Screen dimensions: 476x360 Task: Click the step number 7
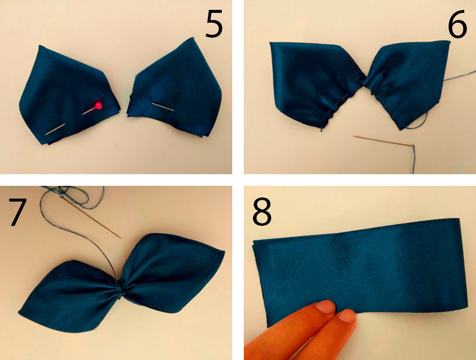[x=16, y=212]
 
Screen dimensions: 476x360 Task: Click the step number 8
[x=262, y=212]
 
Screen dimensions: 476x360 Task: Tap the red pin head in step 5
[x=99, y=106]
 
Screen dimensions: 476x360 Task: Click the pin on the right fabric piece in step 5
[x=163, y=107]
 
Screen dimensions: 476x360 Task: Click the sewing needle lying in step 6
[x=384, y=142]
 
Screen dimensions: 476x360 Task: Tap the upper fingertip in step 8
[x=326, y=307]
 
